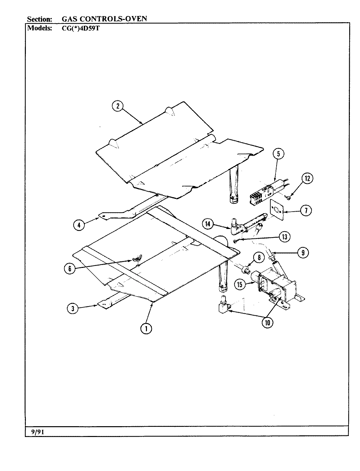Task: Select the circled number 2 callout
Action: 117,106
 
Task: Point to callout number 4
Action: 79,225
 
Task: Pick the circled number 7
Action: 306,211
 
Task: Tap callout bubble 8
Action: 259,257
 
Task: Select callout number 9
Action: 303,252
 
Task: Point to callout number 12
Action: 307,179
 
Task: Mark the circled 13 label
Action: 284,237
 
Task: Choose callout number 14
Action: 208,224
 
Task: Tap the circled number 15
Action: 240,285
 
